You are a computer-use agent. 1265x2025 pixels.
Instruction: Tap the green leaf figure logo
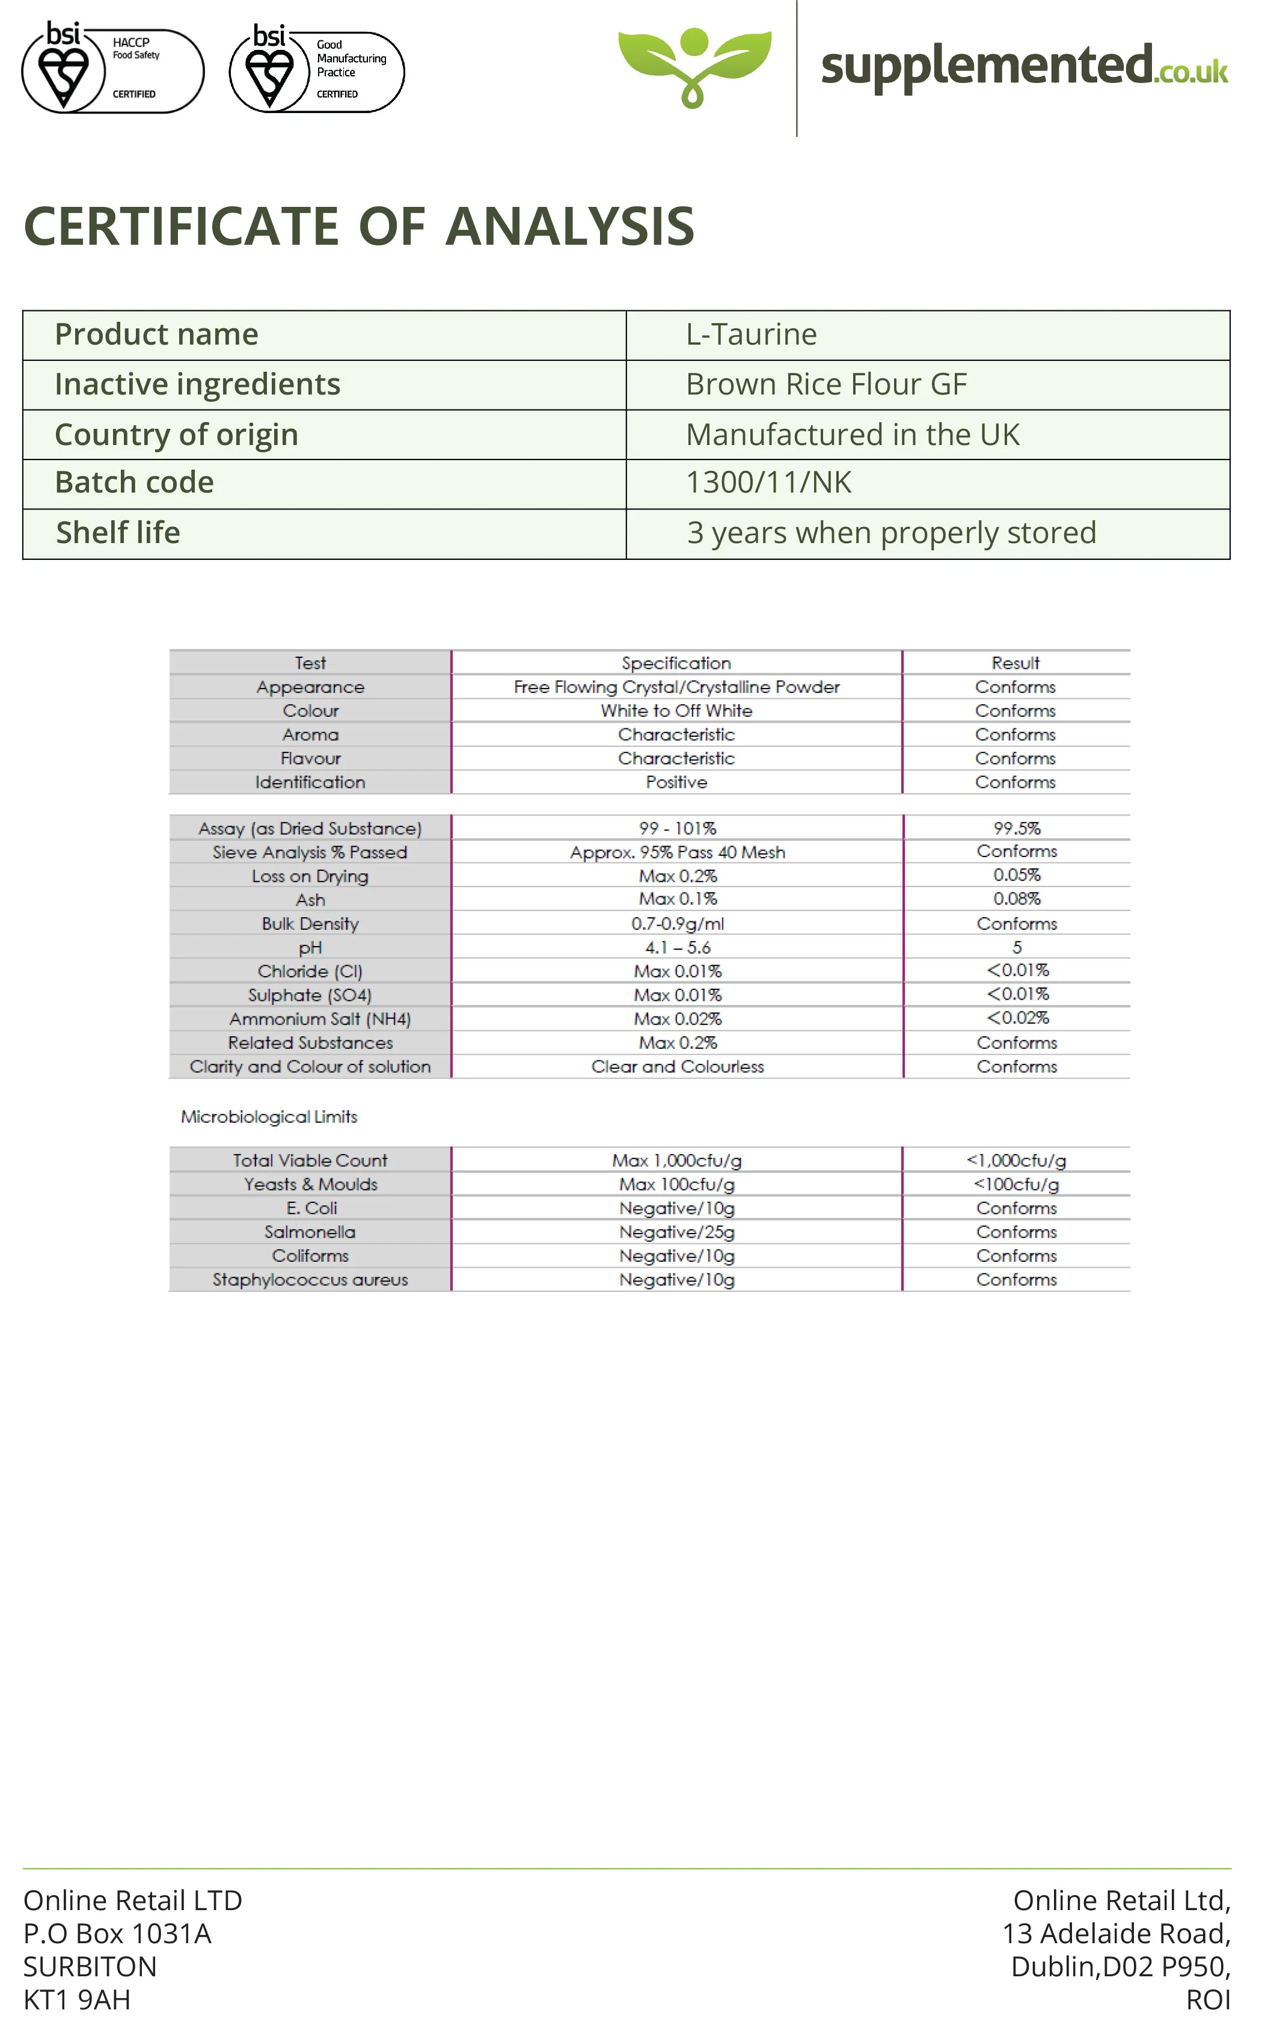pos(694,66)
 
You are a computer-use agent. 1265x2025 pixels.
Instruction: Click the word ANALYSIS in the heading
pos(570,226)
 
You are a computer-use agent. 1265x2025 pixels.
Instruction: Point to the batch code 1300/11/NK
pos(768,483)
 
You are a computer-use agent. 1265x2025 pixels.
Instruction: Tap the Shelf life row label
pos(118,533)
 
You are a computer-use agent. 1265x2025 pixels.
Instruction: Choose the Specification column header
pos(676,663)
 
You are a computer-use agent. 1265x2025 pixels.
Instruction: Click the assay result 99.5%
pos(1017,828)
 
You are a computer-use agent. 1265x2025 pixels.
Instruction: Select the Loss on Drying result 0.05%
pos(1017,875)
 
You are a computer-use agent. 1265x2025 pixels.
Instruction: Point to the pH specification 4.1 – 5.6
pos(677,947)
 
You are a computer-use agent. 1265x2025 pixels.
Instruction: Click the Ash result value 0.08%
pos(1017,899)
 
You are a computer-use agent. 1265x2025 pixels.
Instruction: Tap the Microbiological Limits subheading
pos(269,1117)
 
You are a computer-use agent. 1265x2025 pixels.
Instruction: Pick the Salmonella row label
pos(310,1232)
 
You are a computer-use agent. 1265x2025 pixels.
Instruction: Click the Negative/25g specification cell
pos(677,1232)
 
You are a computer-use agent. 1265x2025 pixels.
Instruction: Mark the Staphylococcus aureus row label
pos(310,1279)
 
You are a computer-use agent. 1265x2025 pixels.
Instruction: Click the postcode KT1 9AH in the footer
pos(77,1999)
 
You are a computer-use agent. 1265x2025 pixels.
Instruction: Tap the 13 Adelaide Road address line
pos(1116,1933)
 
